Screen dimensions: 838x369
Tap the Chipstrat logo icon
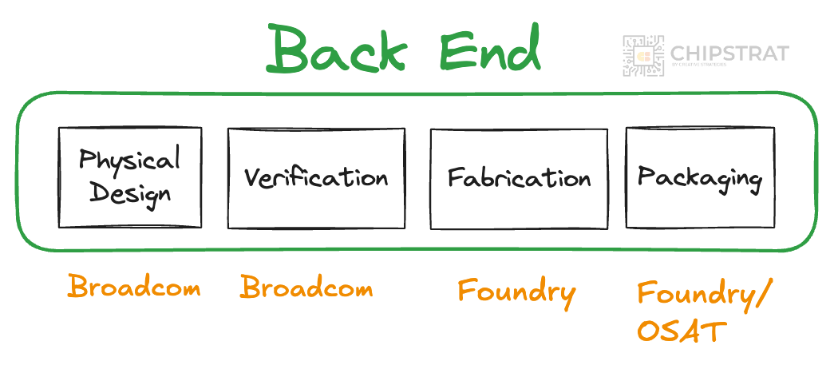point(643,56)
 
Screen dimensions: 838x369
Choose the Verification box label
point(316,177)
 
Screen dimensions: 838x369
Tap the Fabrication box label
point(519,177)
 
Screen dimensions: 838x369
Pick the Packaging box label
point(699,177)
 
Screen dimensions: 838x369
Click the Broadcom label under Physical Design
point(133,287)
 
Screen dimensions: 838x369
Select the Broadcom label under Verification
point(306,287)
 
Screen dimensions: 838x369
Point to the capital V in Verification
point(252,177)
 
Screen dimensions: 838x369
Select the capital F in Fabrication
point(455,177)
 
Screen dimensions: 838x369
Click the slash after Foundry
point(762,296)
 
